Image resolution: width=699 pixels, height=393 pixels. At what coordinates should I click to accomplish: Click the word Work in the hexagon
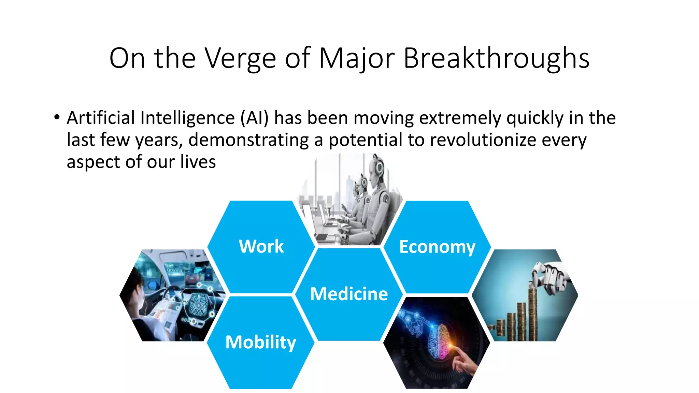[261, 246]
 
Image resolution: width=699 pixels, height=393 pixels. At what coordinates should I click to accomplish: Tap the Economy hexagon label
[437, 247]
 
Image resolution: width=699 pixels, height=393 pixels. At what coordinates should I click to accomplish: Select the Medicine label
[349, 294]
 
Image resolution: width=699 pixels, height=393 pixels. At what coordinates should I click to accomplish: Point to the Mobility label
[261, 342]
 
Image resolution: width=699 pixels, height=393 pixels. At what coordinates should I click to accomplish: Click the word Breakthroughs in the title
[496, 58]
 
